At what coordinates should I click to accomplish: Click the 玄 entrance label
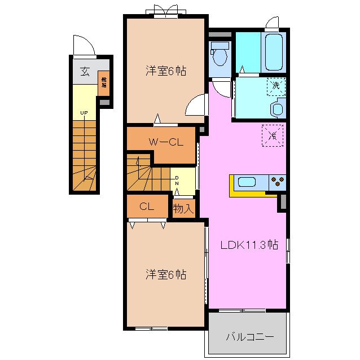[x=84, y=72]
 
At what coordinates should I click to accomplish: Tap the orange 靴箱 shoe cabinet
[x=104, y=83]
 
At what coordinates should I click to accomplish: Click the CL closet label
[x=147, y=207]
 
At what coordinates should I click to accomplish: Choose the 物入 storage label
[x=184, y=208]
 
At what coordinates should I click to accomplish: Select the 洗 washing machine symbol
[x=276, y=86]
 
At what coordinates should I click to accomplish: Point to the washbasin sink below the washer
[x=278, y=108]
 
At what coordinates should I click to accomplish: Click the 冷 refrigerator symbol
[x=273, y=135]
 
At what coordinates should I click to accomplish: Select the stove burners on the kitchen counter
[x=278, y=182]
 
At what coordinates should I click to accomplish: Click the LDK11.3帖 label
[x=249, y=245]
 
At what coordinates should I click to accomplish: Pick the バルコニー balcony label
[x=249, y=337]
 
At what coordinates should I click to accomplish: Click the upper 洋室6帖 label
[x=166, y=71]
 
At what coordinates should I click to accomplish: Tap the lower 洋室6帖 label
[x=166, y=275]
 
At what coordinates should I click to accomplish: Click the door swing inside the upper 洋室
[x=196, y=105]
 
